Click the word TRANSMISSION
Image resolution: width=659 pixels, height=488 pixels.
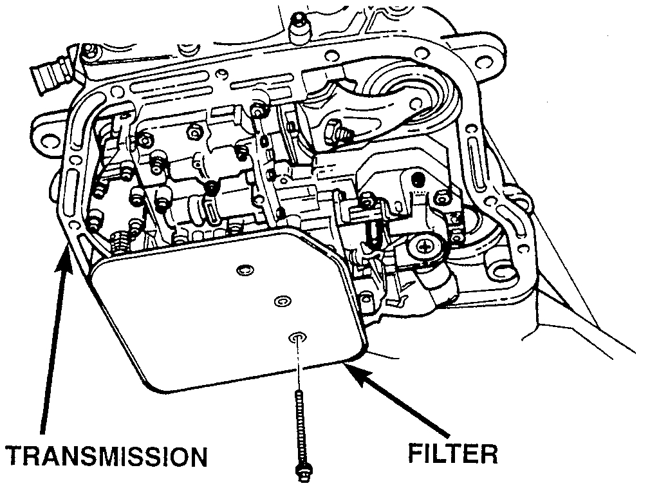106,456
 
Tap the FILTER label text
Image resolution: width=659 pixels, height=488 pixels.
453,453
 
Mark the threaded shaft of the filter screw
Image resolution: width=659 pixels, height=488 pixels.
300,425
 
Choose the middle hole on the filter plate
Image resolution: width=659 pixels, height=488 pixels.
281,301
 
